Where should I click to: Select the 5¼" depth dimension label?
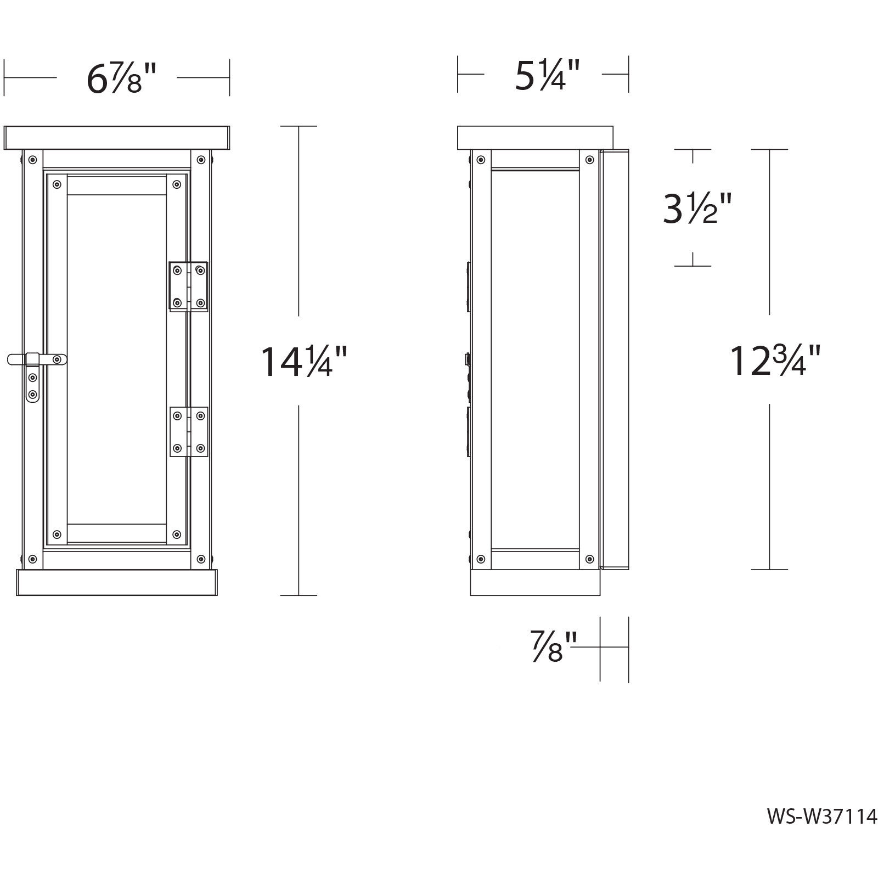click(547, 75)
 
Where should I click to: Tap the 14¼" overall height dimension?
click(303, 361)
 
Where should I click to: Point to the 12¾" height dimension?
click(774, 361)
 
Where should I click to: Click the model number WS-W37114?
click(821, 832)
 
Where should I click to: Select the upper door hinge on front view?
click(188, 286)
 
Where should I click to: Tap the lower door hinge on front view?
click(188, 432)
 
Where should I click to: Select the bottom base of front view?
click(117, 582)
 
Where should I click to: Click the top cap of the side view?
click(535, 137)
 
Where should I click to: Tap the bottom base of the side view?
click(535, 582)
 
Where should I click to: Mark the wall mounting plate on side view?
click(615, 359)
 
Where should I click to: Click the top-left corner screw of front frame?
click(33, 160)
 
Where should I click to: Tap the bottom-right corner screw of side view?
click(589, 559)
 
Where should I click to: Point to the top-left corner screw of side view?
click(481, 160)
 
